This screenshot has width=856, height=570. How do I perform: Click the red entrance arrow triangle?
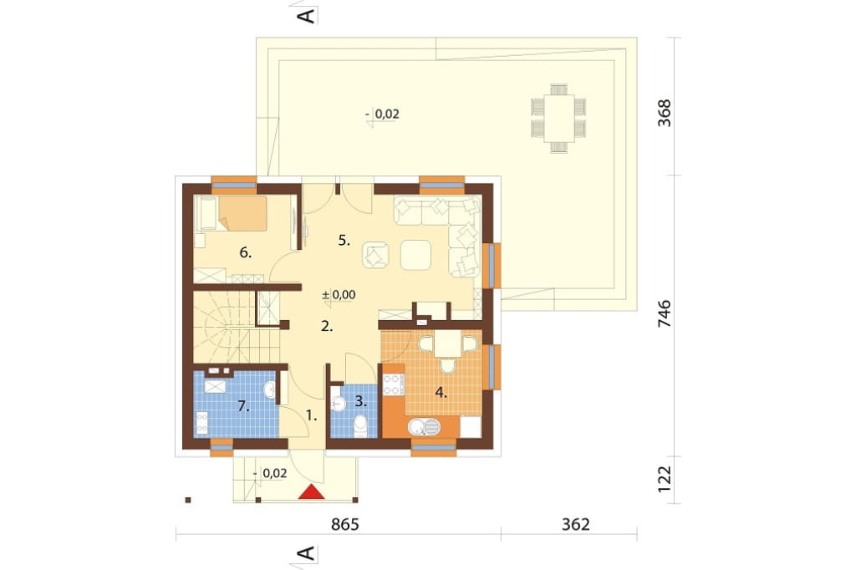(312, 491)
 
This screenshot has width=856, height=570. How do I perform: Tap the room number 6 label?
(246, 252)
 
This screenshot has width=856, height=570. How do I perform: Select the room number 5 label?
(344, 240)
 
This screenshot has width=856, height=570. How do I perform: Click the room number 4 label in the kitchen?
(441, 392)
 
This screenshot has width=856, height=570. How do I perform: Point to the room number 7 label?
(243, 406)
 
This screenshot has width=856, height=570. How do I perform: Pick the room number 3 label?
(360, 401)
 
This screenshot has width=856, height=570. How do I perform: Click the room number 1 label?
(311, 415)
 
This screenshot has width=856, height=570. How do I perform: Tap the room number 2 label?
(327, 327)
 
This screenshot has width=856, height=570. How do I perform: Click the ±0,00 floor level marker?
(339, 295)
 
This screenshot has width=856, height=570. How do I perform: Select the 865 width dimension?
(345, 525)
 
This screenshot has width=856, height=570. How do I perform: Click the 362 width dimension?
(575, 525)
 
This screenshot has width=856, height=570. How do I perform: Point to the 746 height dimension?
(665, 314)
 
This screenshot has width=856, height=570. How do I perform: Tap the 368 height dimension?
(665, 113)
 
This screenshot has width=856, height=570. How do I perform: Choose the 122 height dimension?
(665, 479)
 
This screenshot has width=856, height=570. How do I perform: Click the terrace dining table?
(559, 118)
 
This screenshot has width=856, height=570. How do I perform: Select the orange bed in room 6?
(242, 213)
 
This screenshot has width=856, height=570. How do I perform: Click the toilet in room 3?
(360, 425)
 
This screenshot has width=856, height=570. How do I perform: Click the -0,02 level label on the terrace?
(382, 115)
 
